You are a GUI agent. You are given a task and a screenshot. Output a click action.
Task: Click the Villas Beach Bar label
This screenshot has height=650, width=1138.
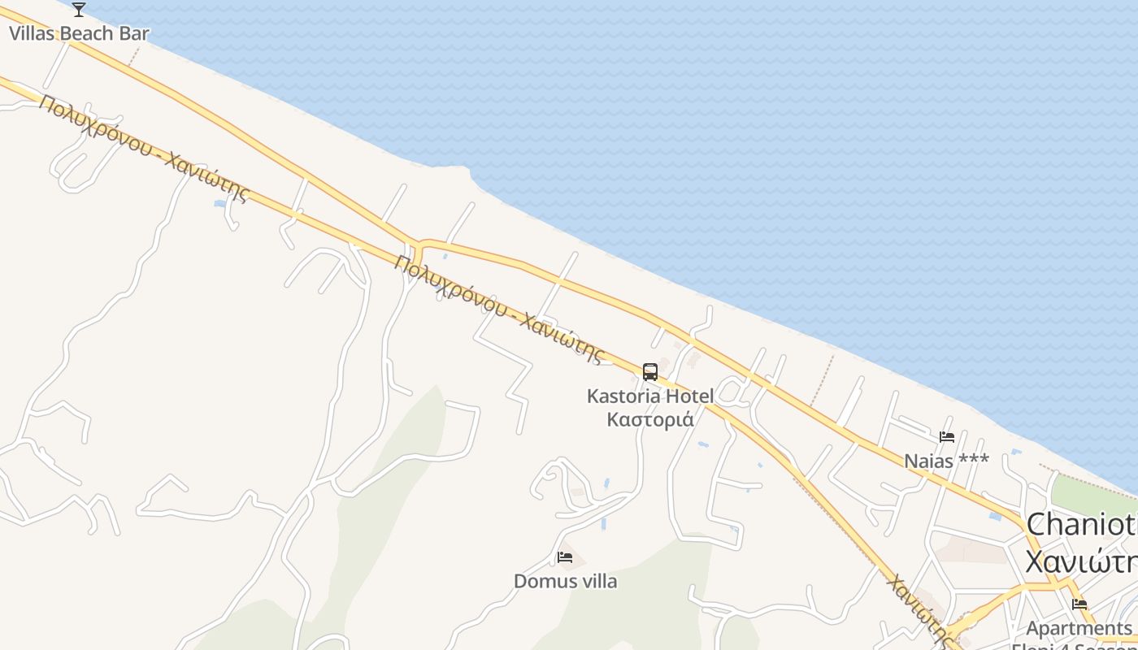[x=79, y=34]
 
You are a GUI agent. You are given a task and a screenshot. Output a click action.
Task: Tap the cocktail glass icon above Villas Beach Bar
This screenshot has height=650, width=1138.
[x=79, y=10]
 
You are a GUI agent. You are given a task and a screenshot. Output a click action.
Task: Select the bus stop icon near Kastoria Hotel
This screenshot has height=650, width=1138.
[x=650, y=372]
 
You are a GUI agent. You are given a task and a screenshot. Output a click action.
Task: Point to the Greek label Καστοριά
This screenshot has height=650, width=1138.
[x=650, y=420]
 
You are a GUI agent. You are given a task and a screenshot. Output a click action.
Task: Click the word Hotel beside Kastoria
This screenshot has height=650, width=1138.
[x=689, y=396]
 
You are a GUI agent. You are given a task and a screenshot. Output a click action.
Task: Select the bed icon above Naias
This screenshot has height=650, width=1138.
[x=947, y=437]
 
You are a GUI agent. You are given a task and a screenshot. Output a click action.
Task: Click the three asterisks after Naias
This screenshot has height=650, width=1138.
[x=974, y=459]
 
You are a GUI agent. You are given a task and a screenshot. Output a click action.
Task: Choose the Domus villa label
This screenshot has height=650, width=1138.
[x=565, y=582]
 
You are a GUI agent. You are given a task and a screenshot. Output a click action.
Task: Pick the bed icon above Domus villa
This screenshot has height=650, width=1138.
[x=565, y=557]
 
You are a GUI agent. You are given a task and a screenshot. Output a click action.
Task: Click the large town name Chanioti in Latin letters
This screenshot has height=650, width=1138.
[x=1081, y=524]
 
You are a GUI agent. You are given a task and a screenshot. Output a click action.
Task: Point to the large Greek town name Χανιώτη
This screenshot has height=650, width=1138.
[x=1081, y=561]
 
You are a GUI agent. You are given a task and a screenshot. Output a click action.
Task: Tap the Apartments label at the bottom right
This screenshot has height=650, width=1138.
[x=1079, y=628]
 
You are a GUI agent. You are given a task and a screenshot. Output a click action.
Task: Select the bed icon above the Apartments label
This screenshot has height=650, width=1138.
[x=1079, y=604]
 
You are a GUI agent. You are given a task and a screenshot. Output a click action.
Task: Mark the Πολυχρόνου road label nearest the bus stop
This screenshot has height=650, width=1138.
[x=501, y=309]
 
